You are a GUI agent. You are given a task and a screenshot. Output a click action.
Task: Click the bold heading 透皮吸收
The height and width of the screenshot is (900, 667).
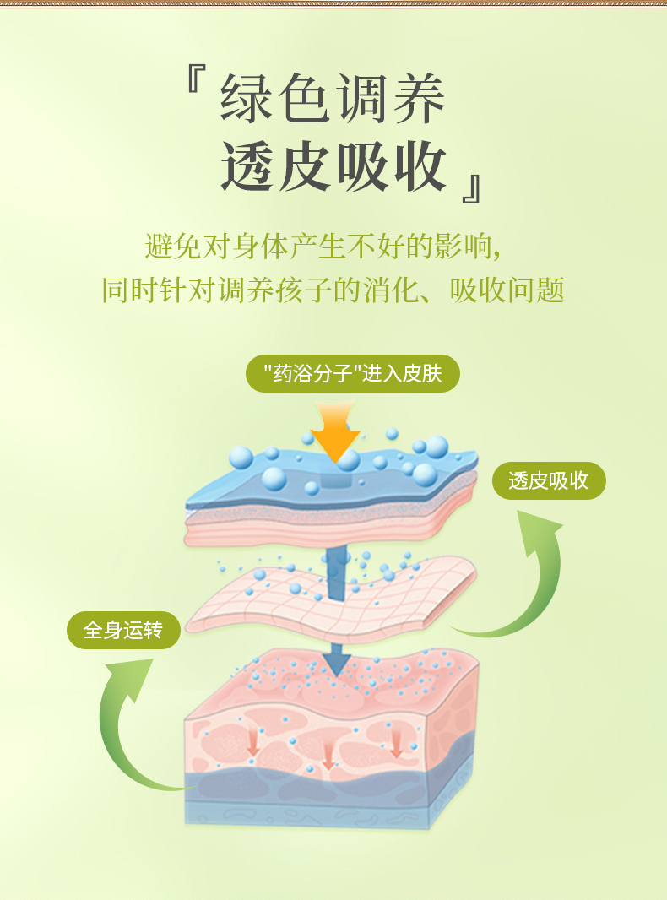tap(333, 165)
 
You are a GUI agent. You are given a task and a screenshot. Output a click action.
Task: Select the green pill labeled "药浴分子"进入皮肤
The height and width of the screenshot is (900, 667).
tap(353, 373)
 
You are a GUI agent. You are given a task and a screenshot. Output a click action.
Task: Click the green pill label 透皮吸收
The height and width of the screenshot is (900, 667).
tap(549, 480)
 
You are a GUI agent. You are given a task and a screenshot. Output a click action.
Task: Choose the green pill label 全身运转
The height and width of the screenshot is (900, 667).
tap(123, 630)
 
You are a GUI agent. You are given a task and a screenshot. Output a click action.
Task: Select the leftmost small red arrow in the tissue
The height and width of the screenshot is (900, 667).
tap(252, 742)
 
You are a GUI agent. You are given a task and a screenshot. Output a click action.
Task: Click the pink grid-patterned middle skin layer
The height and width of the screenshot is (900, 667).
tap(329, 599)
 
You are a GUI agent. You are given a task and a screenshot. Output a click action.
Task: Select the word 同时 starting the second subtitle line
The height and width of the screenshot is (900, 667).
tap(126, 290)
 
